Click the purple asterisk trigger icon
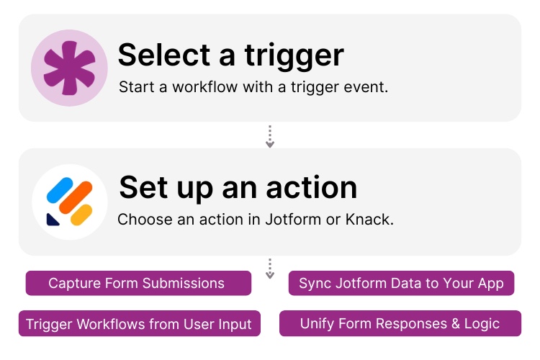coord(69,68)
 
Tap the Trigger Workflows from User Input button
coord(139,324)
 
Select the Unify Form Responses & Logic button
coord(400,323)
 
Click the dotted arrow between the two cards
coord(270,136)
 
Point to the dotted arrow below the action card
coord(270,269)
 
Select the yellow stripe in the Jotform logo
coord(81,213)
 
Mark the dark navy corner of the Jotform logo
coord(53,218)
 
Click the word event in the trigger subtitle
coord(369,88)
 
